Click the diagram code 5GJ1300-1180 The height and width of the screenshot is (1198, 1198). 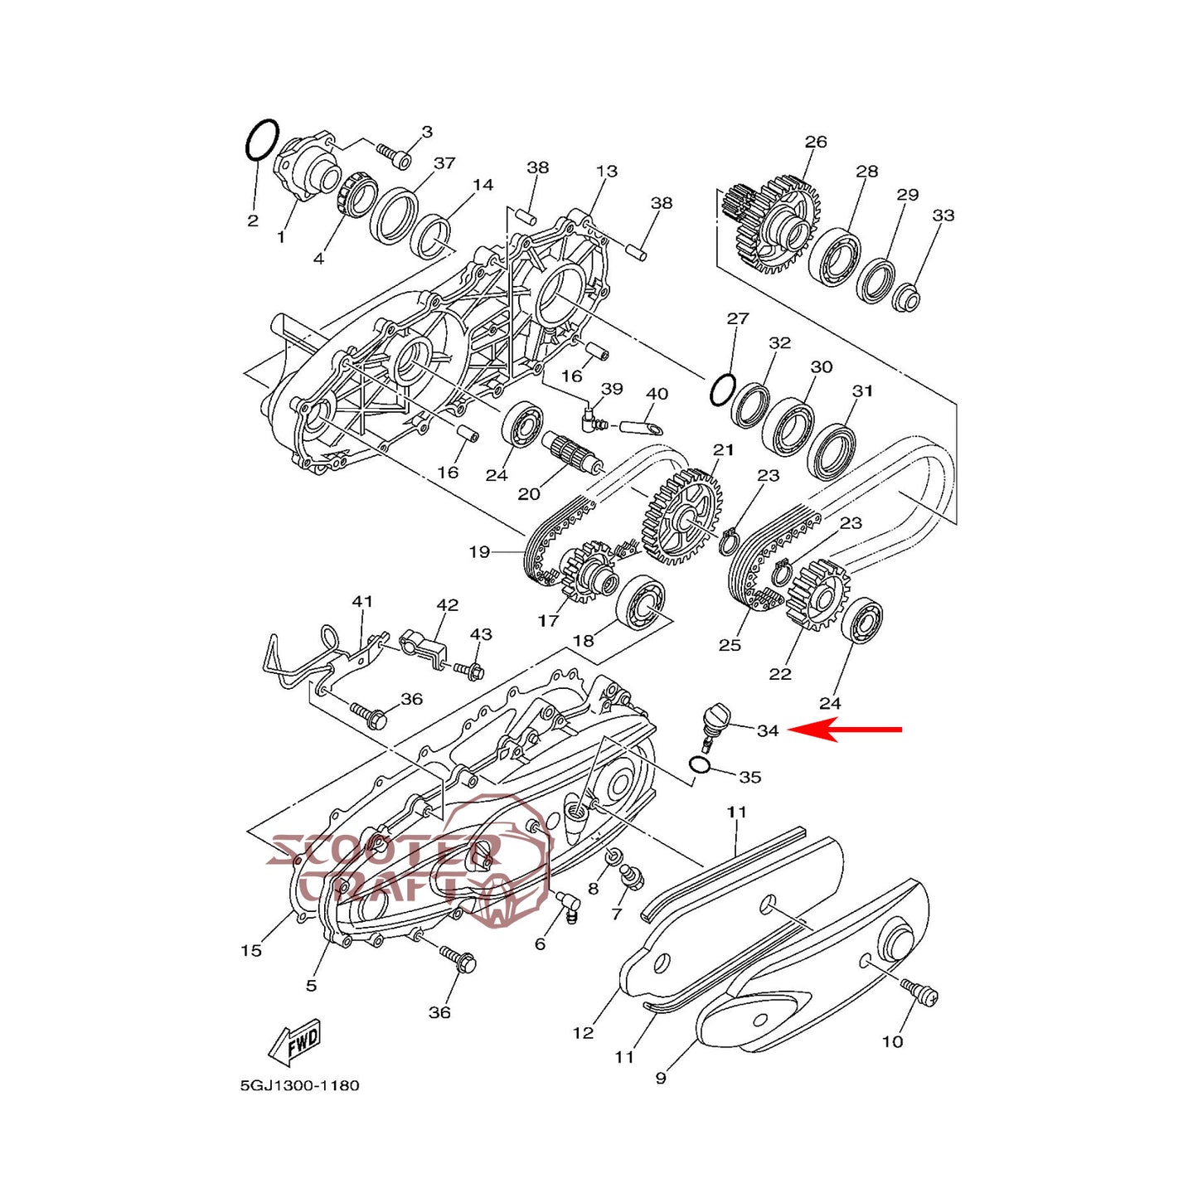coord(299,1085)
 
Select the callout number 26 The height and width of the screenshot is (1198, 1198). coord(816,142)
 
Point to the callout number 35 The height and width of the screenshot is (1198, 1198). coord(749,777)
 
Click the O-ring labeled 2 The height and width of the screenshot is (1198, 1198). coord(262,140)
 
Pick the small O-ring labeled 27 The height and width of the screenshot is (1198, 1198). coord(722,388)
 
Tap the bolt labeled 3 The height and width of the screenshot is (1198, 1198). coord(394,154)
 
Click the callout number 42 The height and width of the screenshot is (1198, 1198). coord(447,605)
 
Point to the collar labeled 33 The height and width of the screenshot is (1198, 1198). coord(907,296)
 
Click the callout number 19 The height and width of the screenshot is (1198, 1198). coord(479,551)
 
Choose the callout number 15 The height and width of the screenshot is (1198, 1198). coord(251,950)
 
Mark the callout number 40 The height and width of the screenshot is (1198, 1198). coord(657,394)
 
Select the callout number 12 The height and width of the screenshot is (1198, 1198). coord(583,1032)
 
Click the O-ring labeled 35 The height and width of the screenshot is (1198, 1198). coord(700,764)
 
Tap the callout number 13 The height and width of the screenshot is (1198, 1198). coord(607,171)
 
